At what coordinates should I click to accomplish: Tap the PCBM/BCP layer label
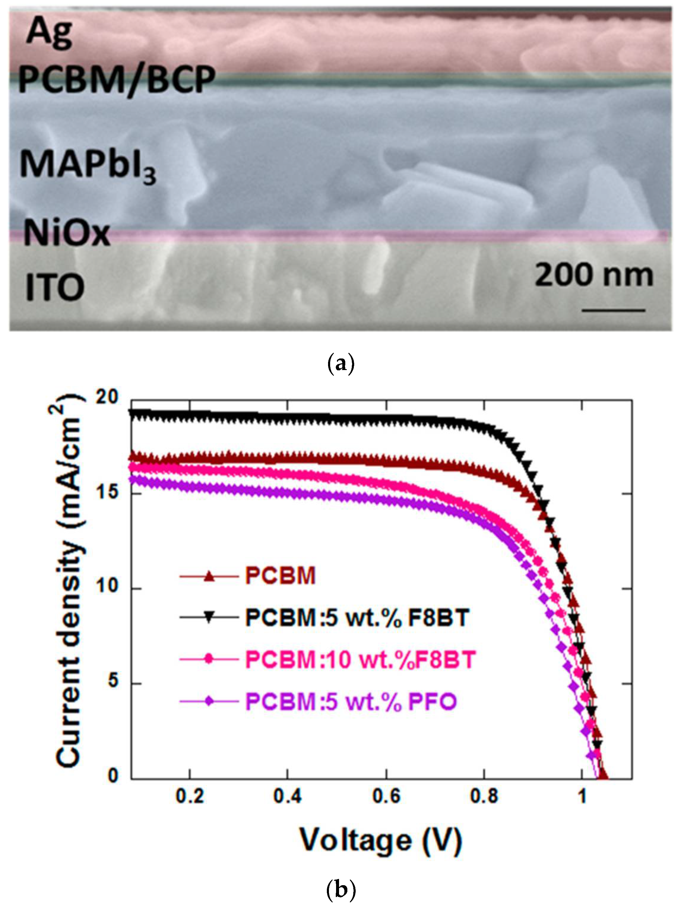point(117,80)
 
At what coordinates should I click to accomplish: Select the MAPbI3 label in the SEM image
point(88,166)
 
